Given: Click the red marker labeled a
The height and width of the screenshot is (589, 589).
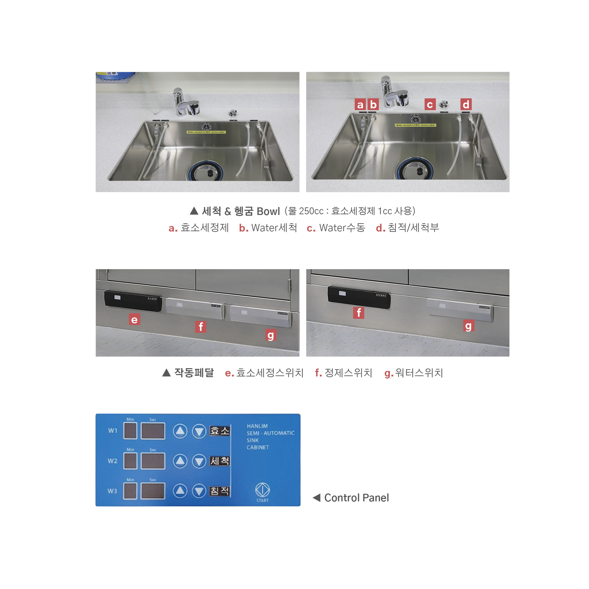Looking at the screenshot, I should [360, 105].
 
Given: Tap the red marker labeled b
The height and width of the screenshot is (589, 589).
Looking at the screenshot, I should [373, 105].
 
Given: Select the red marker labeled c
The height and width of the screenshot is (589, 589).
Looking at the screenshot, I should [430, 105].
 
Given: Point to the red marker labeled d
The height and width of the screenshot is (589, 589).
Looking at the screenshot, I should [466, 105].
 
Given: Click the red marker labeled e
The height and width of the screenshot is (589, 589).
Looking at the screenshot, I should [134, 320].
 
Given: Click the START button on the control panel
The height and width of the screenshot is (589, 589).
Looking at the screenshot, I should [262, 490].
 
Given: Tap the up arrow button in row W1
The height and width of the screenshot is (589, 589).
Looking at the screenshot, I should [180, 431].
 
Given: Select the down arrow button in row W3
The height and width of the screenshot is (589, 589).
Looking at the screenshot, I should [199, 491].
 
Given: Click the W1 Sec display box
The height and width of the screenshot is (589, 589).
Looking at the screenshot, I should [153, 431].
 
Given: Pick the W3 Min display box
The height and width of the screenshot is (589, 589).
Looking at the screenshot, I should [130, 491].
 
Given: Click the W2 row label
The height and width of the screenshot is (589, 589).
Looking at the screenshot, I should [112, 461].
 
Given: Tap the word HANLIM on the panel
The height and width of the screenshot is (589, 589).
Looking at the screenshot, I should [257, 426].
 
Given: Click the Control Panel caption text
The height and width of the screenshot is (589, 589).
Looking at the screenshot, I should [356, 498].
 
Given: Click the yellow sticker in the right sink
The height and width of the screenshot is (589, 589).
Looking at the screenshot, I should [415, 125].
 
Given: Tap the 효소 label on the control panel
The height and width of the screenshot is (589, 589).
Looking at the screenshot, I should [220, 431].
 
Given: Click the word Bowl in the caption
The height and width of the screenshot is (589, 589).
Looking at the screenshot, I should [268, 211].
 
